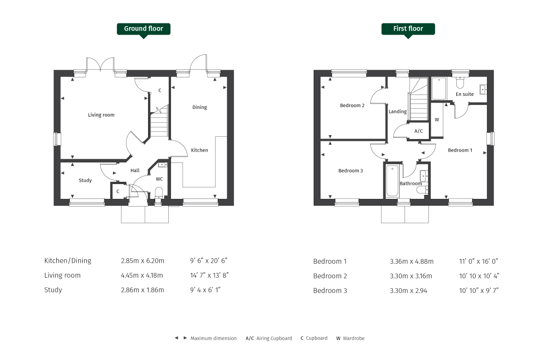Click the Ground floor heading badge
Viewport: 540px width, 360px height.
click(x=144, y=29)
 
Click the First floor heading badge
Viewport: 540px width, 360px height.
click(x=408, y=29)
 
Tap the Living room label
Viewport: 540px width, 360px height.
click(x=101, y=115)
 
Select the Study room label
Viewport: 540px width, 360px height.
click(x=85, y=180)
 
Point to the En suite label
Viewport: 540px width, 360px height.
click(x=464, y=94)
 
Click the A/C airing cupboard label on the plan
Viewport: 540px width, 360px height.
click(x=418, y=131)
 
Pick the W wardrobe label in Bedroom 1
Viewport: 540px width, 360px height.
click(x=437, y=120)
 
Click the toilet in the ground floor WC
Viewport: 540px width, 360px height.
click(x=159, y=194)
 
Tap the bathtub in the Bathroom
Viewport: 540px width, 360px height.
click(x=392, y=181)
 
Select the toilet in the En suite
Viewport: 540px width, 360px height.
click(x=460, y=82)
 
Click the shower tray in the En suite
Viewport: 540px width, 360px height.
click(x=439, y=88)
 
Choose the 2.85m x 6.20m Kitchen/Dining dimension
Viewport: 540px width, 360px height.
click(x=143, y=261)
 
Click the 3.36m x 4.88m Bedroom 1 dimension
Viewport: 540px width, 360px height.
click(x=411, y=261)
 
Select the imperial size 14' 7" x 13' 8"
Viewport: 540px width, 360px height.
click(x=209, y=275)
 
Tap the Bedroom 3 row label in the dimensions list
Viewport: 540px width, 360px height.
click(x=330, y=291)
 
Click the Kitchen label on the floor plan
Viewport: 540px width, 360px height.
click(x=199, y=150)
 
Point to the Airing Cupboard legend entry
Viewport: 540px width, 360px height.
click(x=269, y=338)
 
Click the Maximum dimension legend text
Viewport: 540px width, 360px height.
click(x=214, y=338)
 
